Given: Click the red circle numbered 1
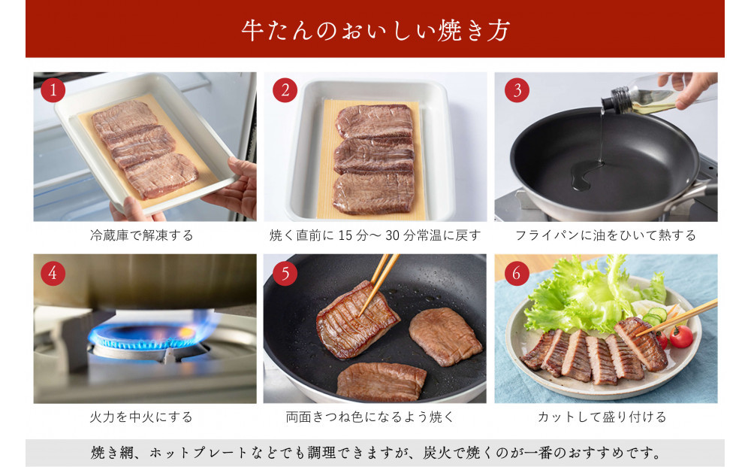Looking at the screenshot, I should (53, 91).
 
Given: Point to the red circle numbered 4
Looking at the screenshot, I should (53, 274).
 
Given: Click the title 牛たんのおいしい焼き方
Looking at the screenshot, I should (375, 31).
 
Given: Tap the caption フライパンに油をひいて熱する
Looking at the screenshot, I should (605, 235).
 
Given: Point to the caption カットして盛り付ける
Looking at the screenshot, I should (605, 417).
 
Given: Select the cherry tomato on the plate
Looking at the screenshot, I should (680, 337).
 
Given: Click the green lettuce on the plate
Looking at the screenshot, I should (578, 297).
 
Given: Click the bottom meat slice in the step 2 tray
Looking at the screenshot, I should (373, 193).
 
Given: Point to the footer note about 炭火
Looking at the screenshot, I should (375, 453).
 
